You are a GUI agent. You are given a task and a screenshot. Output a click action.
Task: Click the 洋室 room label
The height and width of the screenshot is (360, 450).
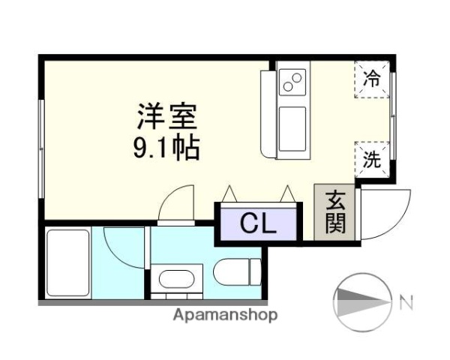(166, 116)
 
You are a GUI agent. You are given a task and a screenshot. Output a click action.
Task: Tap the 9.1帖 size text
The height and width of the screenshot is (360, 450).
(166, 148)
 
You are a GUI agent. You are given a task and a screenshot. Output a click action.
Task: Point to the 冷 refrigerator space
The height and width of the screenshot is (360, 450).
(372, 76)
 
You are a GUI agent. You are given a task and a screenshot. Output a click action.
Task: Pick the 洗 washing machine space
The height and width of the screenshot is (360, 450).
(372, 158)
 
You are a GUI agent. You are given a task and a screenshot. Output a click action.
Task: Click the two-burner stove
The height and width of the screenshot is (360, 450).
(292, 81)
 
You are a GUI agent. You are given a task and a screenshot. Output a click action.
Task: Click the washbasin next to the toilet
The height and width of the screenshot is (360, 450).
(178, 280)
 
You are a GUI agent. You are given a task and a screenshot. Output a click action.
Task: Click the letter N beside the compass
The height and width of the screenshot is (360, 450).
(406, 304)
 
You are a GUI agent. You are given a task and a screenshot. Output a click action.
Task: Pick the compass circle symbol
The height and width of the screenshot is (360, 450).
(362, 303)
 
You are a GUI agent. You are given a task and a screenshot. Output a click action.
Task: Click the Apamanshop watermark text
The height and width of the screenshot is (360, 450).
(225, 315)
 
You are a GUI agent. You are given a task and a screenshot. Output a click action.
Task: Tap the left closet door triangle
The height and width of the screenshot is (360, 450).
(230, 194)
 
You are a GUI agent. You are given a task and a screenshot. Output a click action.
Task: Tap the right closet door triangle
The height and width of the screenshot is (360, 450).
(286, 194)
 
